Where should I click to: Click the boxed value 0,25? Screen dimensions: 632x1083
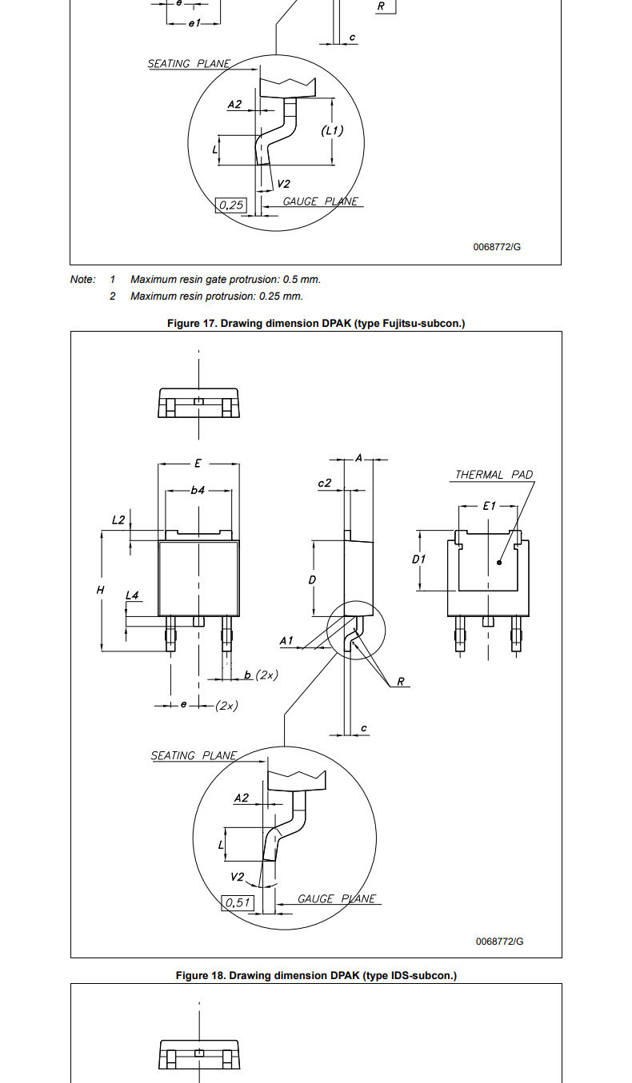point(231,205)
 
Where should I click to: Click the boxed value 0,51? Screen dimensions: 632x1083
point(238,902)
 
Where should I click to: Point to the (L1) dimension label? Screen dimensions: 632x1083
point(333,130)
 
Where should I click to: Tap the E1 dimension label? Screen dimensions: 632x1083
point(490,506)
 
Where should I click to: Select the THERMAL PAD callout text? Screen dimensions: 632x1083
point(494,475)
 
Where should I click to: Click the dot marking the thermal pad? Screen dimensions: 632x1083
point(499,563)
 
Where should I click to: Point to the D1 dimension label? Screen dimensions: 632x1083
point(418,559)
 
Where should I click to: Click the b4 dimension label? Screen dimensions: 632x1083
point(198,490)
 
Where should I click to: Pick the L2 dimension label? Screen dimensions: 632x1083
point(118,520)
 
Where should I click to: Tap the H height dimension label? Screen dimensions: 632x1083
point(100,590)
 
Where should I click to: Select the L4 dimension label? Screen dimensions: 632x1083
point(132,595)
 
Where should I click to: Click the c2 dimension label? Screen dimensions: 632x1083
point(325,483)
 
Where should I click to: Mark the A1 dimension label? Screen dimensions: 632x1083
point(286,641)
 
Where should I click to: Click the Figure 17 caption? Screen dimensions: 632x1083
point(316,324)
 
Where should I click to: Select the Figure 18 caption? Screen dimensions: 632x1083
point(316,975)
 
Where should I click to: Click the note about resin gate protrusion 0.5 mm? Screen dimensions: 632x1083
point(226,280)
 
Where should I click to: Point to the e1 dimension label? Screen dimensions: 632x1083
point(194,22)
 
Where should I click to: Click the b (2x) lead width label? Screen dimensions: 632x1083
point(261,675)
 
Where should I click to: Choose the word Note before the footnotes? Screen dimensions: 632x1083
point(82,280)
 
